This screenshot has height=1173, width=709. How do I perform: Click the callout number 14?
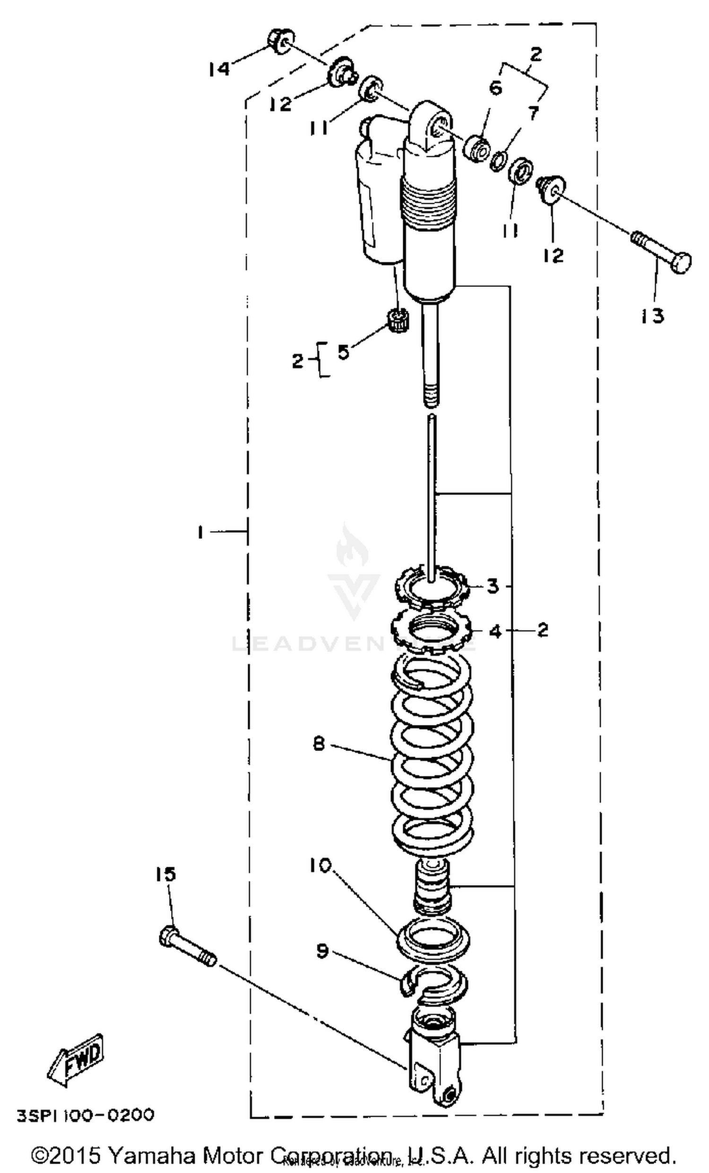(218, 69)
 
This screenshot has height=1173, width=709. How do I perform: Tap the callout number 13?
(652, 316)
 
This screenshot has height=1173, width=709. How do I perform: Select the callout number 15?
(165, 874)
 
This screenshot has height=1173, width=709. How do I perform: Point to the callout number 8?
(319, 742)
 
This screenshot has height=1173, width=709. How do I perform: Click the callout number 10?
(320, 865)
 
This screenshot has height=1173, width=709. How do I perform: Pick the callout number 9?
(322, 951)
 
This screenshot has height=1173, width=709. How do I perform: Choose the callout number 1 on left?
(200, 532)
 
